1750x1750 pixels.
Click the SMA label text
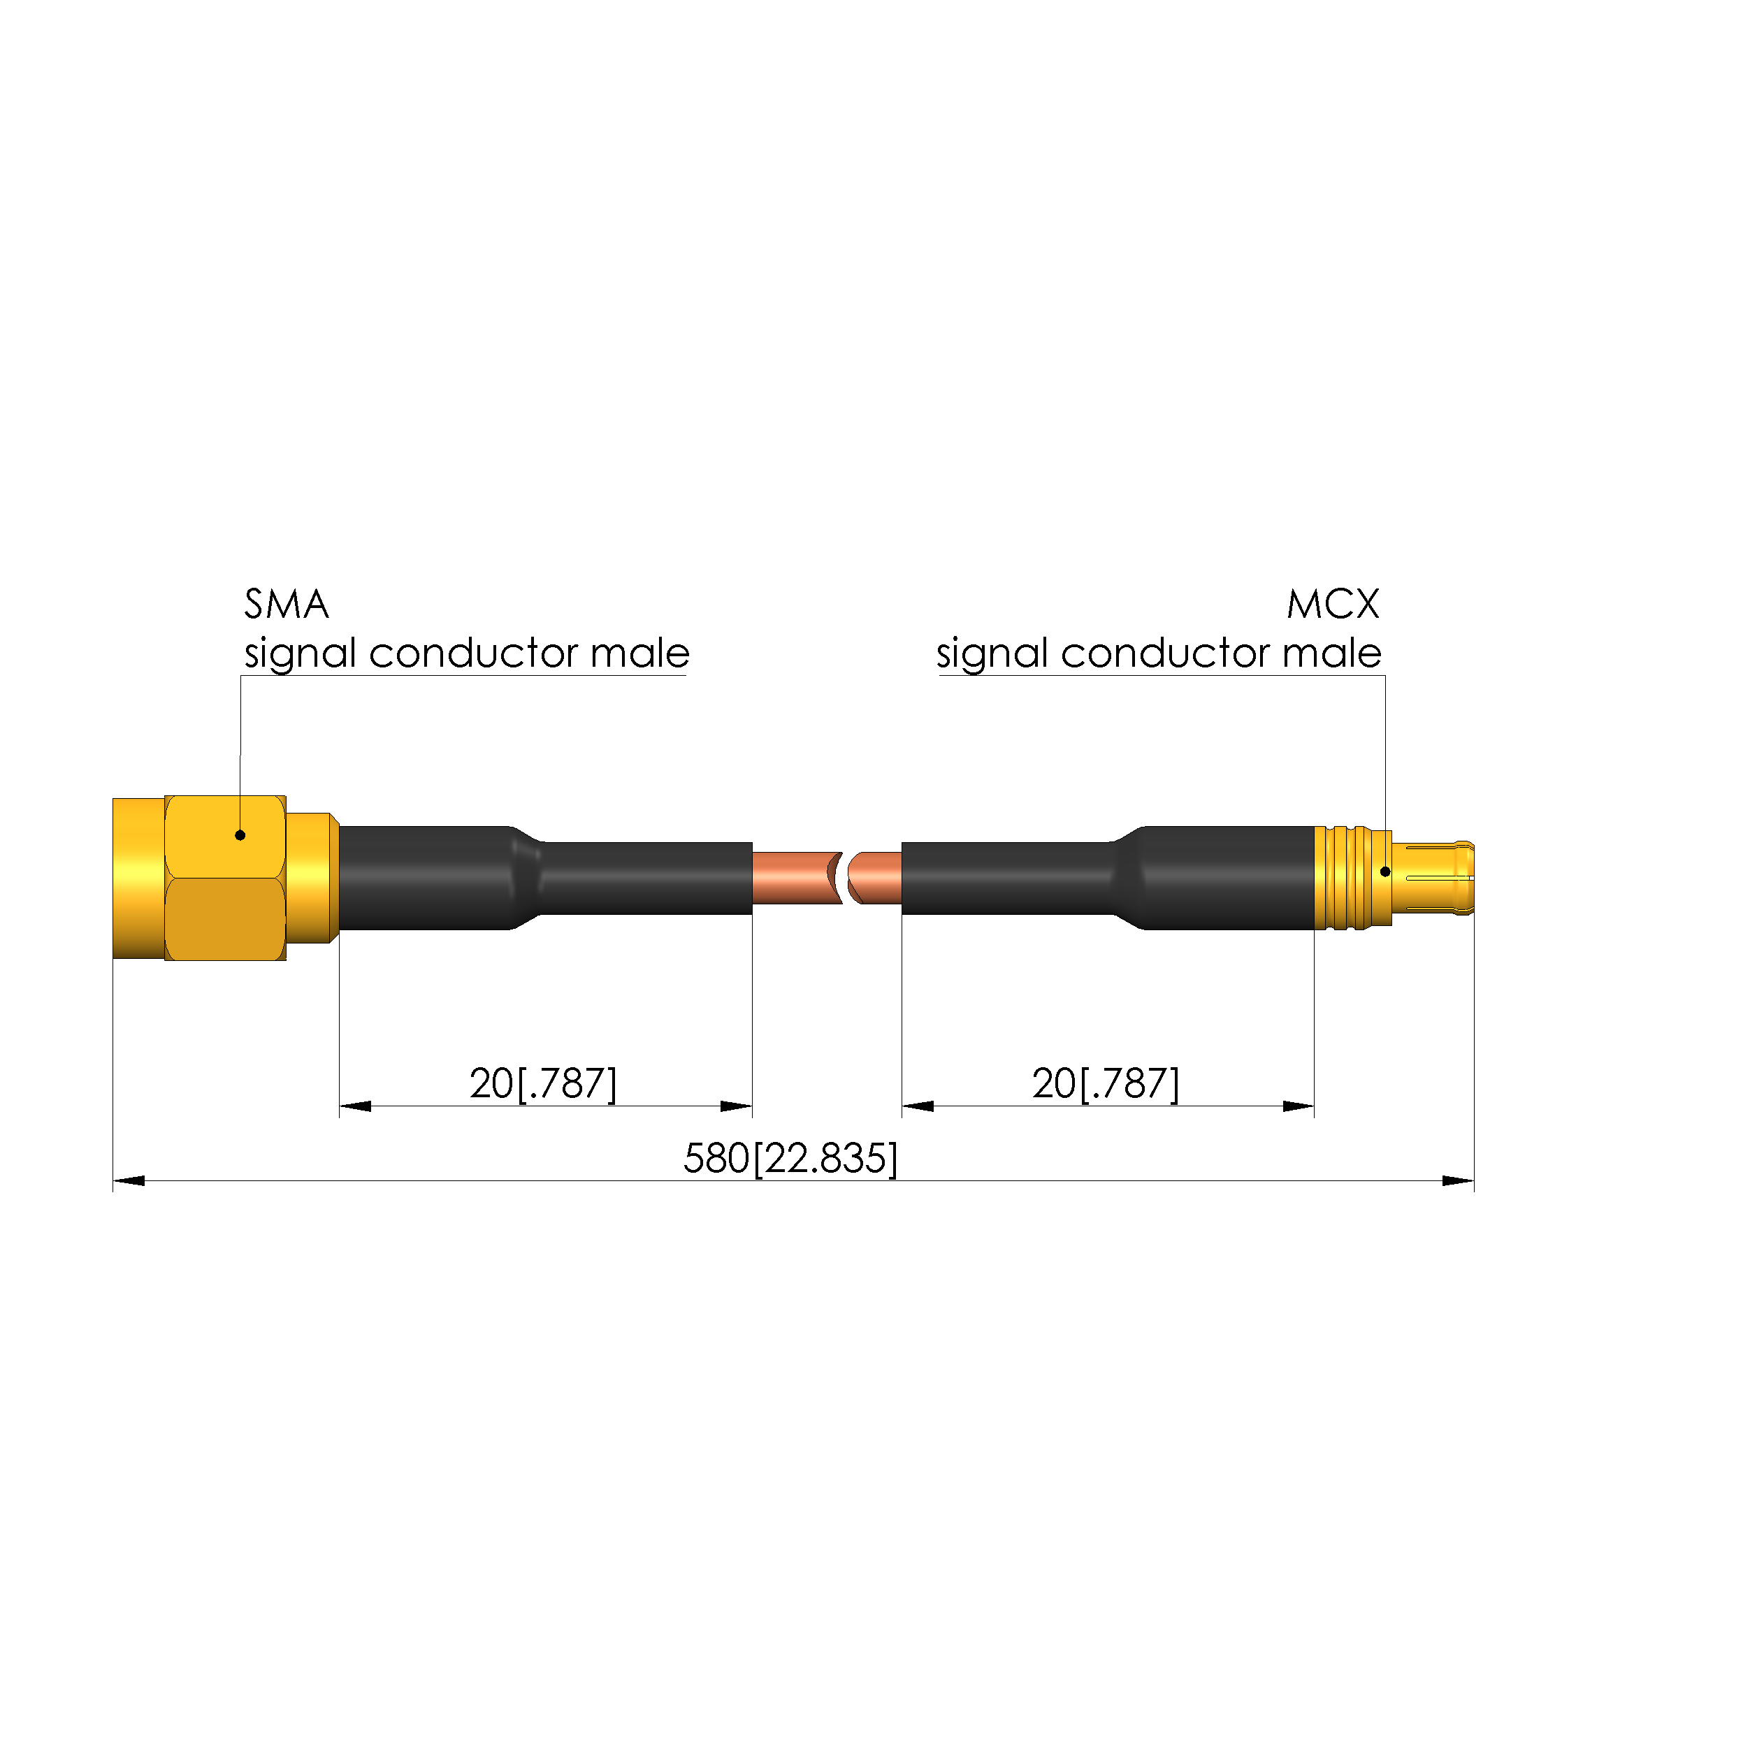pyautogui.click(x=287, y=604)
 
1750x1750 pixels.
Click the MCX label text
pyautogui.click(x=1333, y=604)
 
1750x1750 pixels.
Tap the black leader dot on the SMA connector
pyautogui.click(x=240, y=835)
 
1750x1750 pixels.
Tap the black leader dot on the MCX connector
pyautogui.click(x=1385, y=872)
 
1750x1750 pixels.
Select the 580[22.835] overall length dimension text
pyautogui.click(x=790, y=1159)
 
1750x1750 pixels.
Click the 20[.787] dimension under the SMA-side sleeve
pyautogui.click(x=542, y=1083)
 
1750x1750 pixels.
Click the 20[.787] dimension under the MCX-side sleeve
pyautogui.click(x=1105, y=1083)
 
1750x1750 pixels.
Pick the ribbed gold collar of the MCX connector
pyautogui.click(x=1350, y=878)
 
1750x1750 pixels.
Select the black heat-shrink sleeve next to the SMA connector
pyautogui.click(x=544, y=878)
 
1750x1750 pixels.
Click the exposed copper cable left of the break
pyautogui.click(x=793, y=878)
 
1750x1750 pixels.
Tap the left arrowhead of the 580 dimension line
pyautogui.click(x=129, y=1181)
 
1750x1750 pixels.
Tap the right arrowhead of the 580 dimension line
pyautogui.click(x=1457, y=1181)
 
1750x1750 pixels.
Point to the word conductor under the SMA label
pyautogui.click(x=473, y=653)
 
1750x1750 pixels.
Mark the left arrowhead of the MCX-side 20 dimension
pyautogui.click(x=918, y=1106)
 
